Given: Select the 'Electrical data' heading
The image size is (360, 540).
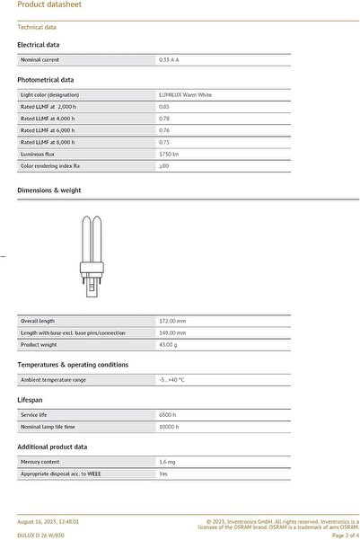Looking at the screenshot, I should point(39,44).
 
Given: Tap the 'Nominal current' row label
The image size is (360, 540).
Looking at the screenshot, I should point(40,59).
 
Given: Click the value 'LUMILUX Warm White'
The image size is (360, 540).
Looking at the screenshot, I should point(185,94).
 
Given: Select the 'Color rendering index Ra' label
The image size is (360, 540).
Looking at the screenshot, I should point(50,165).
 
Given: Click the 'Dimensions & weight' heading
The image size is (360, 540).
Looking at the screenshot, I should point(49,190).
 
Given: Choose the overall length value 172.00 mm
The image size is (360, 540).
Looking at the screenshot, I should point(172,321).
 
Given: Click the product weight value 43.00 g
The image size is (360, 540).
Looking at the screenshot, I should point(168,344).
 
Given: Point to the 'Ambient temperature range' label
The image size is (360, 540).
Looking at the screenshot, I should point(54,379).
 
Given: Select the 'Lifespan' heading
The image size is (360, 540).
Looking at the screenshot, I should point(31,399).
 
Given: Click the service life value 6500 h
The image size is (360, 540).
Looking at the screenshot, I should point(167,414).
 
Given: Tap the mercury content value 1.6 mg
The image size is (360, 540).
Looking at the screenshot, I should point(167,461).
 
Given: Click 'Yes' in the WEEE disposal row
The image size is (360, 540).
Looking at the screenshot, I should point(163,473).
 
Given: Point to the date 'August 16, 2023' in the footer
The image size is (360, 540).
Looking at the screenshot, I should point(39,521).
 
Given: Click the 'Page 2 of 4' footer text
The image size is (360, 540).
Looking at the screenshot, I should point(346,535).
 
